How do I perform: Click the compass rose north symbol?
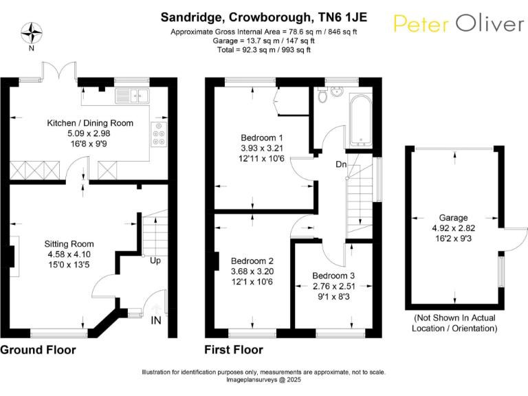pyautogui.click(x=32, y=33)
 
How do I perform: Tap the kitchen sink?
pyautogui.click(x=132, y=96)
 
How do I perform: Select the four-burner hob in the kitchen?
pyautogui.click(x=159, y=133)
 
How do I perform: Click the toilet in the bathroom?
pyautogui.click(x=322, y=95)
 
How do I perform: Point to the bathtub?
pyautogui.click(x=360, y=120)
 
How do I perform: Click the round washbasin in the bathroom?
pyautogui.click(x=336, y=91)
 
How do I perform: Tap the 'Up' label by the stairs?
pyautogui.click(x=155, y=261)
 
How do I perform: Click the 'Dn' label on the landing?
pyautogui.click(x=341, y=164)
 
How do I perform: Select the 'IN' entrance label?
pyautogui.click(x=156, y=320)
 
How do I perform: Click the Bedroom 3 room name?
pyautogui.click(x=333, y=276)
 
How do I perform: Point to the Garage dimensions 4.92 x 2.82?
pyautogui.click(x=454, y=228)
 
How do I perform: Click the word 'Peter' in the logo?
pyautogui.click(x=421, y=23)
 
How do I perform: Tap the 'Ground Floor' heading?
pyautogui.click(x=38, y=350)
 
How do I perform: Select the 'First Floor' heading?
pyautogui.click(x=234, y=350)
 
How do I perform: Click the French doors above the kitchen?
pyautogui.click(x=59, y=71)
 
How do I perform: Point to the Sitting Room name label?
pyautogui.click(x=69, y=244)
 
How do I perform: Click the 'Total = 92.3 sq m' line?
pyautogui.click(x=264, y=49)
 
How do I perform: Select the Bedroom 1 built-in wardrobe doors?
pyautogui.click(x=277, y=102)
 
